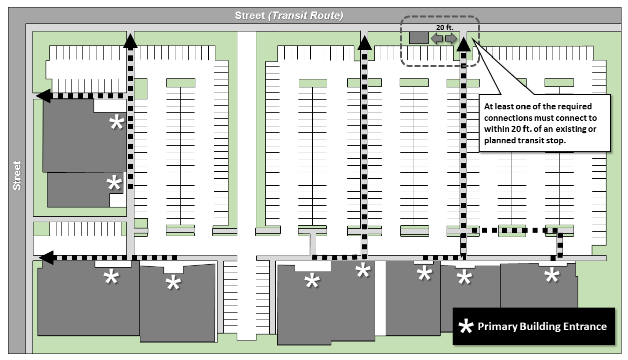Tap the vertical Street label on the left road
[17, 176]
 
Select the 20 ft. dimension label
[445, 27]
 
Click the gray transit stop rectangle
[419, 38]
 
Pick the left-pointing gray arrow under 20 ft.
[437, 38]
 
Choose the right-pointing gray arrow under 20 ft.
[451, 38]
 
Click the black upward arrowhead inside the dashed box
[464, 44]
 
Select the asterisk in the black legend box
[466, 326]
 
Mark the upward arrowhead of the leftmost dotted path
[130, 40]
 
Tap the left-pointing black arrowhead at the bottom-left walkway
[46, 258]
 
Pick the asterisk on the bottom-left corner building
[111, 277]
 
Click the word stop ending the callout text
[555, 141]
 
